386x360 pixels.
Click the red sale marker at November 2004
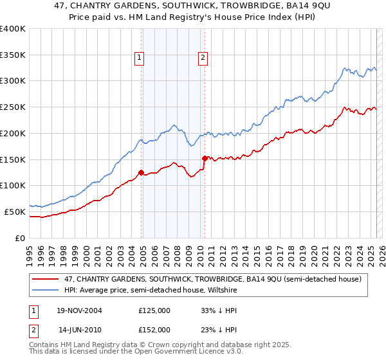[141, 172]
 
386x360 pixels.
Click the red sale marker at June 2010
[205, 157]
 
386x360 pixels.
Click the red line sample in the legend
[44, 279]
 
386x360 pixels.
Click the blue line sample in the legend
[44, 289]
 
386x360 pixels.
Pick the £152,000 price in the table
[154, 329]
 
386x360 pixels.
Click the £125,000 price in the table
[154, 310]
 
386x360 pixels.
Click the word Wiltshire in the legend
[222, 289]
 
